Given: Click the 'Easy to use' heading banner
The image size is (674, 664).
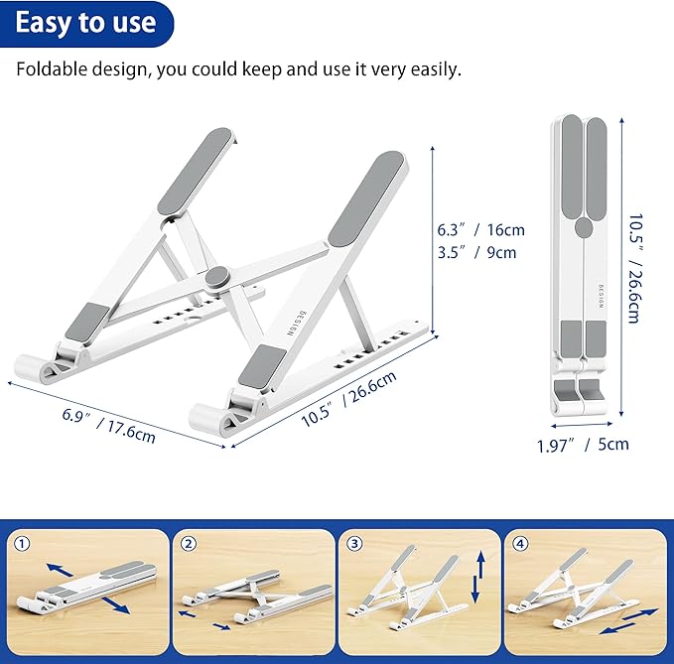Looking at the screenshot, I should [x=85, y=23].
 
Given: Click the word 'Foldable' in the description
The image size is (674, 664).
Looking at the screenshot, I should [x=48, y=69].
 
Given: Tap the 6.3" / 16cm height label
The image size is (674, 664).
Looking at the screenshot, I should [x=481, y=229].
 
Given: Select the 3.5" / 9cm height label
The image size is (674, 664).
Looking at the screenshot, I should [x=477, y=252].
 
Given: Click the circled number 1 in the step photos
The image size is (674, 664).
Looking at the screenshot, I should [x=22, y=543].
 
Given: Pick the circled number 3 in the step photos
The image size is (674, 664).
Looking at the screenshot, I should [x=351, y=543].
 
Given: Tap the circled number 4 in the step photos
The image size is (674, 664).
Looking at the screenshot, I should [x=517, y=543].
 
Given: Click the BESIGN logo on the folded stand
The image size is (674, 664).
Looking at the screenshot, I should [x=600, y=295].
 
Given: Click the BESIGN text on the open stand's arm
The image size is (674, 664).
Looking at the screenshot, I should [x=294, y=324].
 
